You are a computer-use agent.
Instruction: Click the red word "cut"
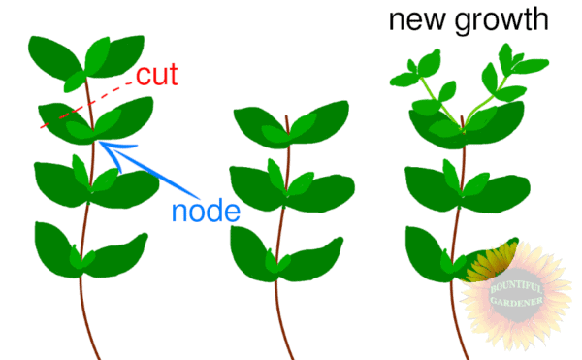coord(156,76)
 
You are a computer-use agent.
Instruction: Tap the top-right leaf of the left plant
coord(114,56)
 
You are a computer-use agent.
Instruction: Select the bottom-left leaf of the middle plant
coord(251,248)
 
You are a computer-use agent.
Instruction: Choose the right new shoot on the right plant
coord(504,78)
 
